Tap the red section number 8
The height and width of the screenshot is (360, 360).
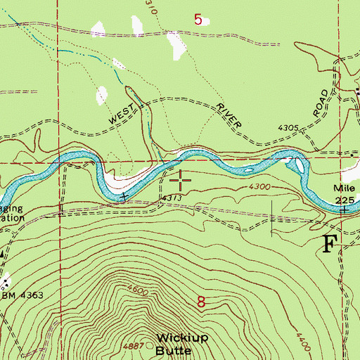pyautogui.click(x=202, y=303)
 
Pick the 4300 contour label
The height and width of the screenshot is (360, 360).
pyautogui.click(x=259, y=186)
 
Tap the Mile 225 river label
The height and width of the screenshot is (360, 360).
pyautogui.click(x=344, y=194)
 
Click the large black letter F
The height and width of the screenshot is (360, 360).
pyautogui.click(x=330, y=244)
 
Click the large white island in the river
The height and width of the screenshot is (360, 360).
pyautogui.click(x=299, y=165)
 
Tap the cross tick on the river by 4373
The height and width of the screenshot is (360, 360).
pyautogui.click(x=124, y=196)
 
